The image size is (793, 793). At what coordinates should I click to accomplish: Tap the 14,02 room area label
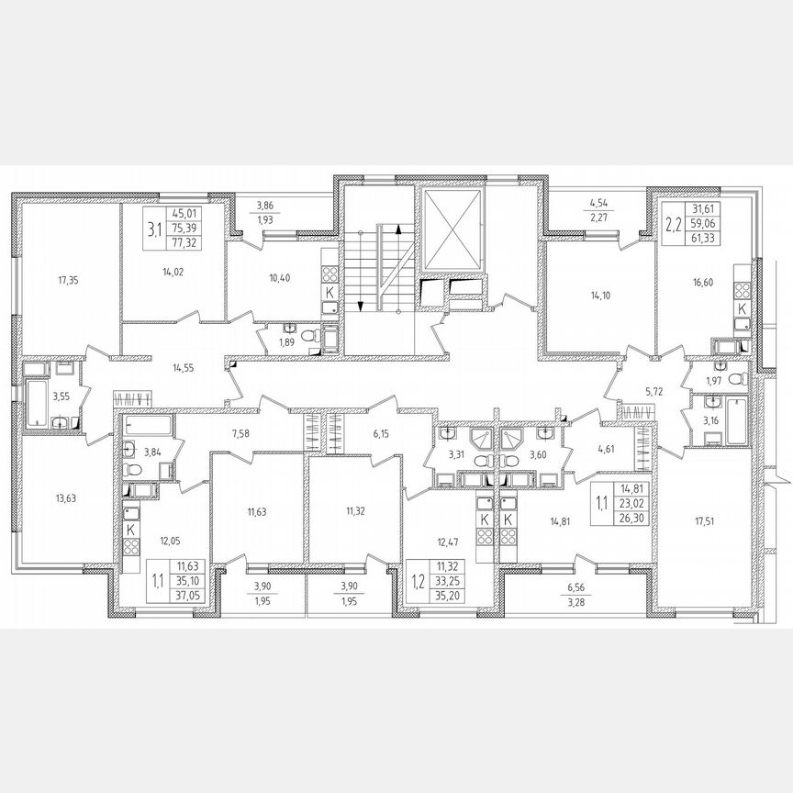[x=171, y=271]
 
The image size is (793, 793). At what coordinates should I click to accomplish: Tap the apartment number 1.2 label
[x=419, y=581]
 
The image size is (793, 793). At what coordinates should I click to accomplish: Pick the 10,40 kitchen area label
[x=278, y=278]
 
